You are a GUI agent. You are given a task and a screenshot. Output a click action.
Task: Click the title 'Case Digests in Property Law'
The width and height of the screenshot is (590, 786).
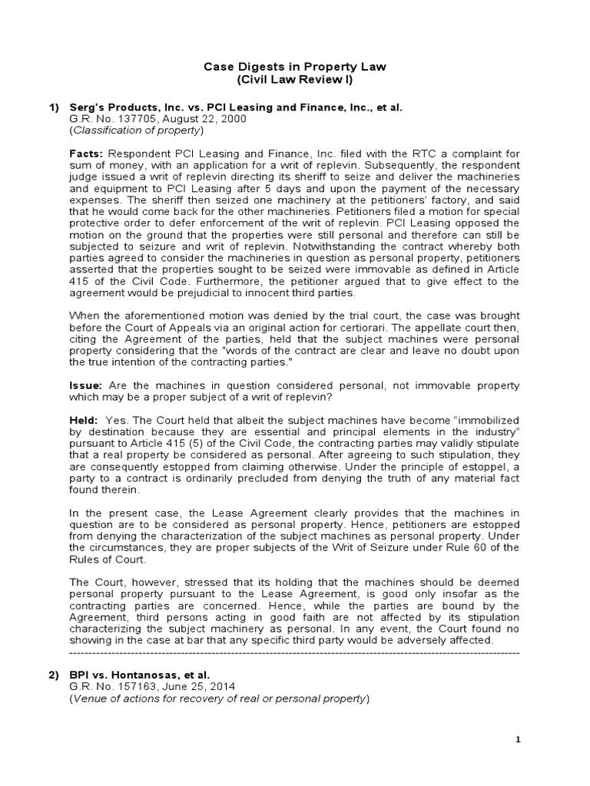[x=294, y=67]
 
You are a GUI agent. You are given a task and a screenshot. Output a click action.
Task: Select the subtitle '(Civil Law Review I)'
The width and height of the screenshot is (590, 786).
[x=294, y=80]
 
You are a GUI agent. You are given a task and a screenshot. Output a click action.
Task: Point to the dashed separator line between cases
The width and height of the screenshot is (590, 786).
[x=294, y=652]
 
